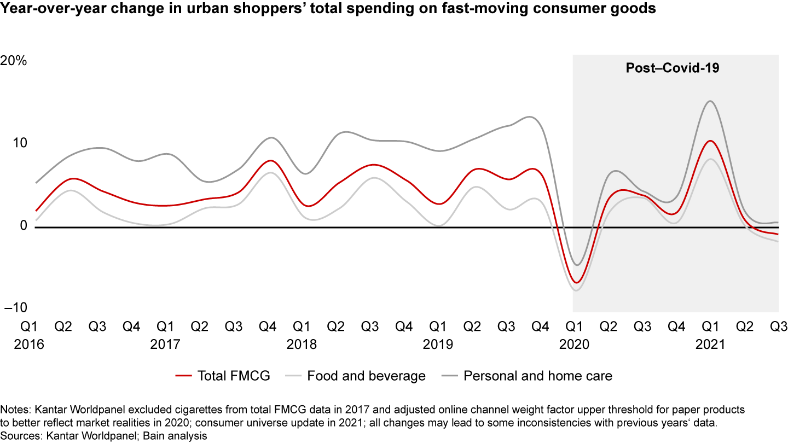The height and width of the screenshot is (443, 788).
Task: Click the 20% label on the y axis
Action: (14, 61)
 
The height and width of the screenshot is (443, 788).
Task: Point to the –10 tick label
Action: (16, 308)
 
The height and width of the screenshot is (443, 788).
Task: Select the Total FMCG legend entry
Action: (223, 376)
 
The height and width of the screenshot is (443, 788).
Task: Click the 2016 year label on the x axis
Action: (28, 345)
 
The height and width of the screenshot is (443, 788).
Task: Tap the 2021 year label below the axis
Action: (710, 345)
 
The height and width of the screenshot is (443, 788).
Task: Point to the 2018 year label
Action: (301, 345)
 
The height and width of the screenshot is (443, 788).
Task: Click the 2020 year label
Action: (573, 345)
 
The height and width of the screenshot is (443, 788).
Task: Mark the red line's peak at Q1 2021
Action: (710, 141)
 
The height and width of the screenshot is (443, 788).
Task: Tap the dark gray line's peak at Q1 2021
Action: (710, 101)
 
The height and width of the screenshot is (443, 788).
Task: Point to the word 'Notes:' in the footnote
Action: (16, 410)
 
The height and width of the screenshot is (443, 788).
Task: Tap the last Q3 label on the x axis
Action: (778, 327)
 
